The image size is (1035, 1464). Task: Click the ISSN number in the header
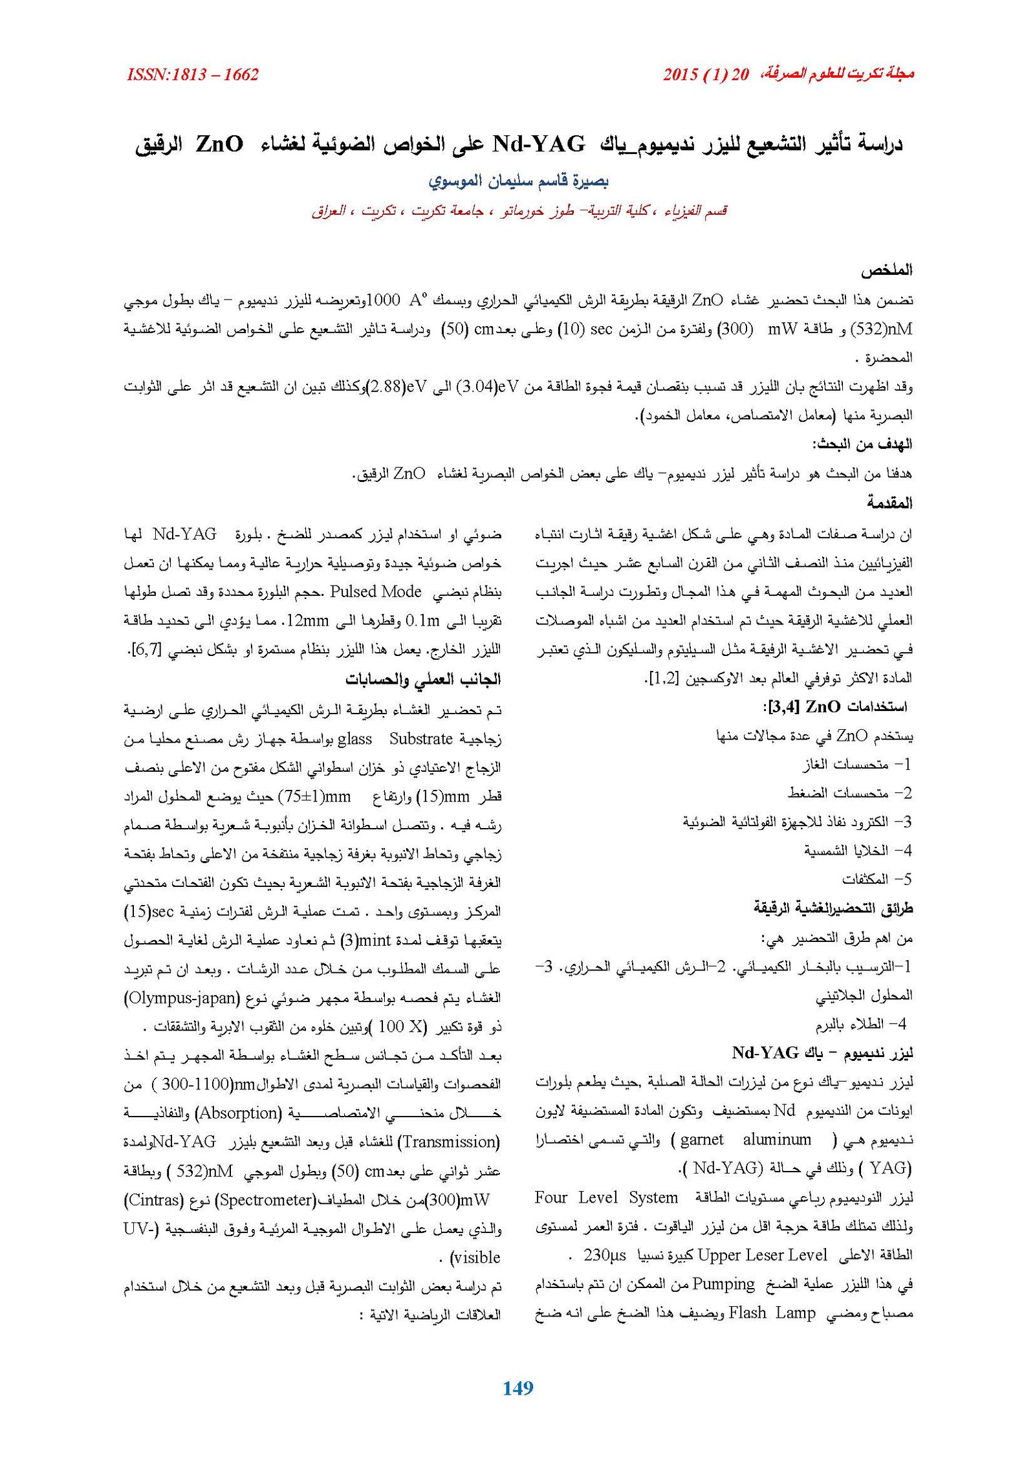(x=193, y=75)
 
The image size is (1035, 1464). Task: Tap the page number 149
(x=517, y=1388)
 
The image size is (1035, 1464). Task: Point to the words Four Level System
(x=606, y=1197)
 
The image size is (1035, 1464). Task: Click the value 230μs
(x=604, y=1255)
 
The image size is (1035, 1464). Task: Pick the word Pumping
(x=723, y=1284)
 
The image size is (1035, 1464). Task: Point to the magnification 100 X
(x=400, y=1027)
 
